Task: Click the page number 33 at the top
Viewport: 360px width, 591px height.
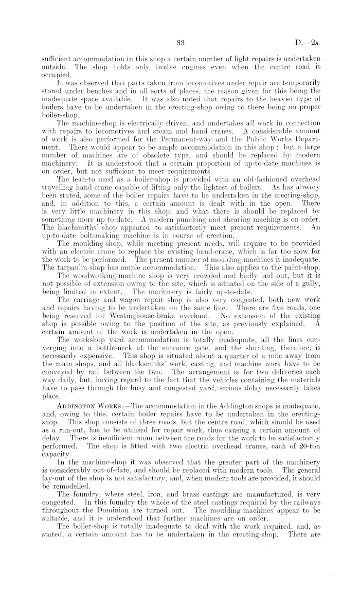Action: [180, 42]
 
